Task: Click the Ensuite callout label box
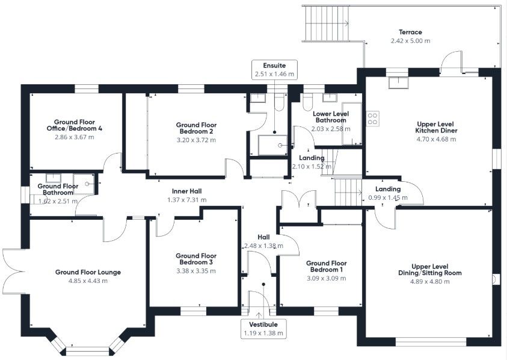[274, 69]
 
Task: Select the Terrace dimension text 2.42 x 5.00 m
[410, 41]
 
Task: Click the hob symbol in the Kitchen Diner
[372, 118]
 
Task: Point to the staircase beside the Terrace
[325, 23]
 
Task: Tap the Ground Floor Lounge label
[88, 272]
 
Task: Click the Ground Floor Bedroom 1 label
[325, 267]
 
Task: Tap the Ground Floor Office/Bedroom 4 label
[75, 125]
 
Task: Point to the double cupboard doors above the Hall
[299, 200]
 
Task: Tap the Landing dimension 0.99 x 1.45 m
[387, 197]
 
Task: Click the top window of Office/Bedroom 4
[87, 88]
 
